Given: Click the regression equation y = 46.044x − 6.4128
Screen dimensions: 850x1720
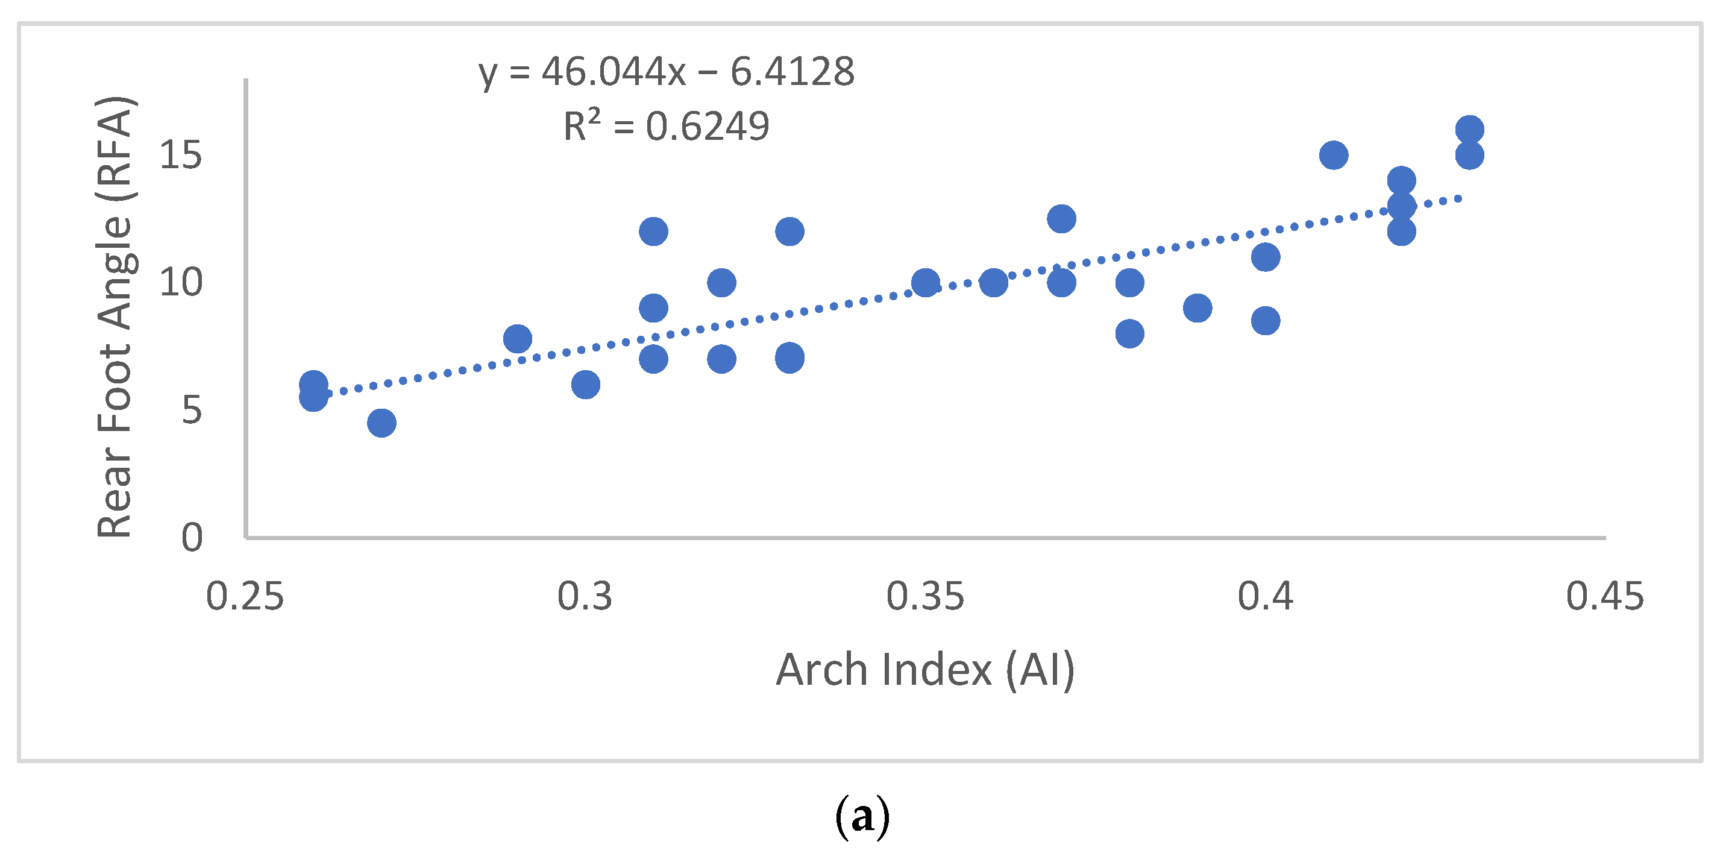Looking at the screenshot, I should tap(667, 72).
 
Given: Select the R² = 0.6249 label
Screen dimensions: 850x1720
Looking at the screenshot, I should tap(667, 125).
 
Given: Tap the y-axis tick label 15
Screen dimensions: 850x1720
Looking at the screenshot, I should tap(180, 155).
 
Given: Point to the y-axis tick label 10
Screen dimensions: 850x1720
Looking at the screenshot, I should tap(180, 283).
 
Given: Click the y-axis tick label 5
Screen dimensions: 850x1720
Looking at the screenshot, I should tap(191, 409).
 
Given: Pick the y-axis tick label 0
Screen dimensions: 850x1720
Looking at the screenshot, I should tap(192, 537).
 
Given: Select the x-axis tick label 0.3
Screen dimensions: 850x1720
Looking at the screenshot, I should tap(585, 596).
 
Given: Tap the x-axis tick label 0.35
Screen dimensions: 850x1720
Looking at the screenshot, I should tap(924, 596).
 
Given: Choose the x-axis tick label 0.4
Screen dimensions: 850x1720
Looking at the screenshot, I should tap(1266, 596).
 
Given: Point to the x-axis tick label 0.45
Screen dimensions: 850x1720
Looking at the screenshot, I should tap(1604, 596).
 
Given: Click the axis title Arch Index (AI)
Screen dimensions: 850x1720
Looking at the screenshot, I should tap(924, 670).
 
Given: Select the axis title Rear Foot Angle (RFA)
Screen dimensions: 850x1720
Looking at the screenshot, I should tap(115, 317).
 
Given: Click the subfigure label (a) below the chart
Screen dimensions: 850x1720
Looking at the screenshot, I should tap(861, 817).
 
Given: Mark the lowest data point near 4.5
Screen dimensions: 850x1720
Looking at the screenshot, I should tap(381, 423).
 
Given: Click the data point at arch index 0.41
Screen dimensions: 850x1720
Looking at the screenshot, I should tap(1334, 155).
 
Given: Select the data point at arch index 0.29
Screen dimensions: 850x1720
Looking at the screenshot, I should tap(518, 339).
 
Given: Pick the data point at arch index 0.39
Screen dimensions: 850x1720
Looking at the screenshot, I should tap(1197, 308).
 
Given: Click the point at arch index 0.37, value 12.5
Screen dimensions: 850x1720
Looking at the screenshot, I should tap(1061, 218).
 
